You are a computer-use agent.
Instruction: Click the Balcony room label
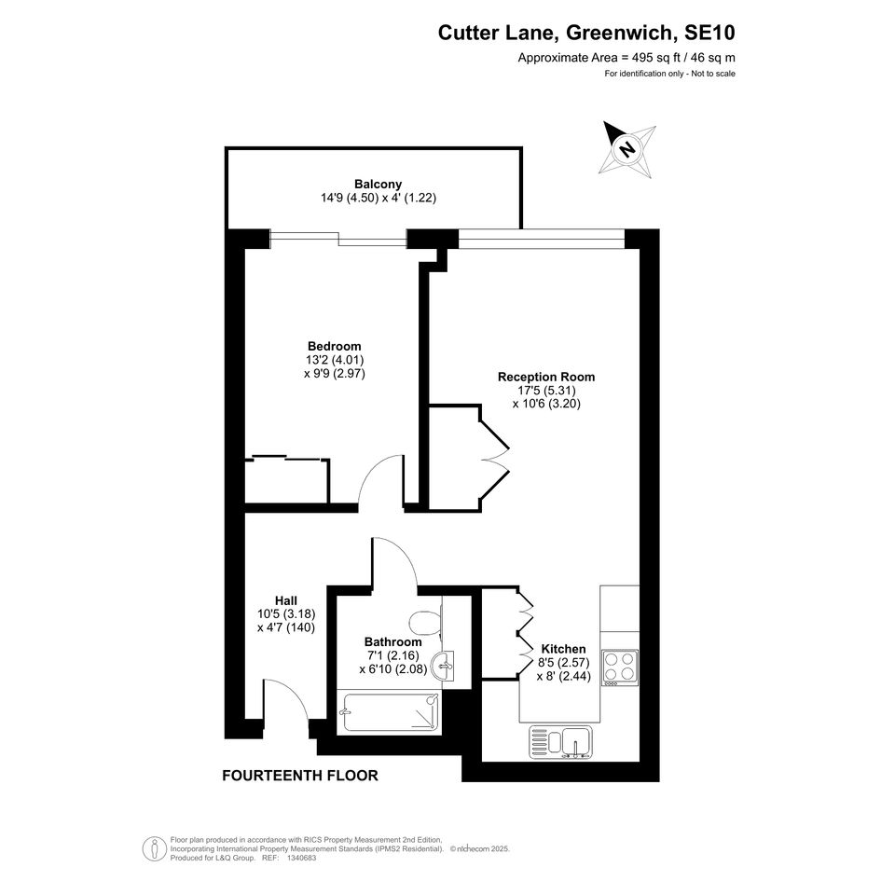(378, 184)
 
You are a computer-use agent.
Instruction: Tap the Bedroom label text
(335, 346)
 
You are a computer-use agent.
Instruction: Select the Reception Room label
(546, 377)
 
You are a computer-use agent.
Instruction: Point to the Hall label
(286, 600)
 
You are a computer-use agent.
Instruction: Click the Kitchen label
(563, 649)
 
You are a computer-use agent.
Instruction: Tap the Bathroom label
(392, 641)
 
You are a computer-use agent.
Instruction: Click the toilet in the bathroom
(426, 623)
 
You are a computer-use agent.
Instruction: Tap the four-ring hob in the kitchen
(620, 668)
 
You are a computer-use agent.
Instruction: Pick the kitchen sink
(560, 742)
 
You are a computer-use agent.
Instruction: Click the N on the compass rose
(627, 149)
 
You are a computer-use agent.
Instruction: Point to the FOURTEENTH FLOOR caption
(300, 776)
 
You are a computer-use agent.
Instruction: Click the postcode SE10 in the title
(709, 33)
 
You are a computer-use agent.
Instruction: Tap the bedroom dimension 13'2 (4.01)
(335, 360)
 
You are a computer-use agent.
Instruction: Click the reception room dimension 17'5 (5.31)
(546, 390)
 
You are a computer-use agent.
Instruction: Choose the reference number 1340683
(302, 858)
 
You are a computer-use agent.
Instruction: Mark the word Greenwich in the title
(618, 33)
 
